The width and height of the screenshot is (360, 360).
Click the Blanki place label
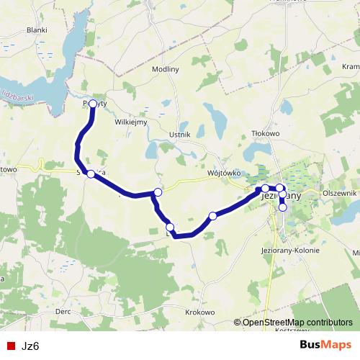36,30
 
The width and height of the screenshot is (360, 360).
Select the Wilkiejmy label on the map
131,122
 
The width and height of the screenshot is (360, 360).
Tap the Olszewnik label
340,194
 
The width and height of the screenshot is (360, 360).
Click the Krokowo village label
199,312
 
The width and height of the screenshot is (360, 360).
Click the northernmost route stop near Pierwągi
92,104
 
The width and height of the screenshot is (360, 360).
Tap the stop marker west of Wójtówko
158,192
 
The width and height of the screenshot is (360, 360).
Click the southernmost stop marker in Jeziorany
283,207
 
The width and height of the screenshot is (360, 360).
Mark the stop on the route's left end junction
91,174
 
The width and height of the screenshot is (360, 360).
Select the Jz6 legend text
30,346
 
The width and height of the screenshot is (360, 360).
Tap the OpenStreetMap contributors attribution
297,322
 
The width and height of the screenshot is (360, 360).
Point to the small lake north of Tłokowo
286,108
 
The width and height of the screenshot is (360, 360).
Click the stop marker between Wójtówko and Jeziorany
212,215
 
